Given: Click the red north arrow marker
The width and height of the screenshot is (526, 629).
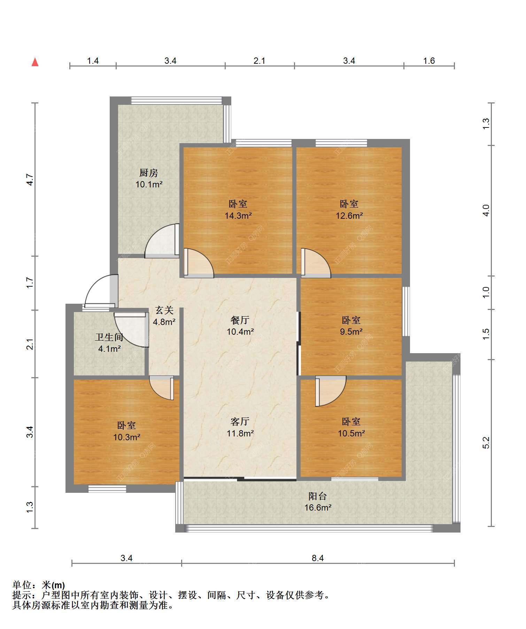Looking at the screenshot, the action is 35,62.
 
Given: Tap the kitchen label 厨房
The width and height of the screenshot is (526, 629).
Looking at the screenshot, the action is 149,173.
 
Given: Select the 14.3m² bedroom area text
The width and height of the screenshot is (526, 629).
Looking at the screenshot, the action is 238,216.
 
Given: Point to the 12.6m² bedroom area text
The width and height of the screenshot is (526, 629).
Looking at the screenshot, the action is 349,216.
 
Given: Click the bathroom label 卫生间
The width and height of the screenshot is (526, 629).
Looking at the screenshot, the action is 109,337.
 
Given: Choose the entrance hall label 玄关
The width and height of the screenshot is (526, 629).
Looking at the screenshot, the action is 164,310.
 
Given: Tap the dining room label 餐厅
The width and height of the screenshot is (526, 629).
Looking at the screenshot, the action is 240,320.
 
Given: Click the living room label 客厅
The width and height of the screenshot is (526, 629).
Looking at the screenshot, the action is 240,422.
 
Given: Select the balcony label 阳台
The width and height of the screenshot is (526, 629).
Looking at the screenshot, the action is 318,496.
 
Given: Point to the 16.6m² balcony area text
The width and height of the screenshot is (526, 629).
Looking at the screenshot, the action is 318,508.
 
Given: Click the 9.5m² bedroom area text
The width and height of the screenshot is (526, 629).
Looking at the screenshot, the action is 351,332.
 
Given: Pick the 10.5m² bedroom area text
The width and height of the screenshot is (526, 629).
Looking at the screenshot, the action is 351,433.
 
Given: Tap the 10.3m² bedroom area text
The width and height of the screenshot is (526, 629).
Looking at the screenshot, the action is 127,437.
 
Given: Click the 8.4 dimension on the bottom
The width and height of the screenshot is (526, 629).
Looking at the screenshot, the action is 318,558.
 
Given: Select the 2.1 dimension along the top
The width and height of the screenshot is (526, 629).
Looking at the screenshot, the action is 259,61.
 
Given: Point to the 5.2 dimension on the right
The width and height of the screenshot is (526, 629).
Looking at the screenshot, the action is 486,443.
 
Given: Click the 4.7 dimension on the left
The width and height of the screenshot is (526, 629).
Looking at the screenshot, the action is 30,180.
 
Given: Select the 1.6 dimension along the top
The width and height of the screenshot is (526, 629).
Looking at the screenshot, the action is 429,61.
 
